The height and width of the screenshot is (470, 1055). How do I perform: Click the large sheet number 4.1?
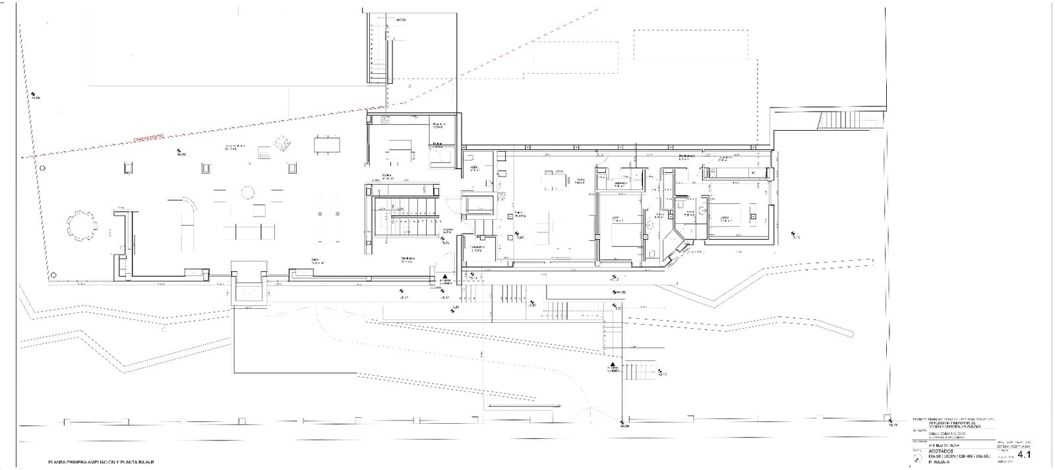tap(1025, 455)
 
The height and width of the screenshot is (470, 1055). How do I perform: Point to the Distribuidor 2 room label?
tap(689, 156)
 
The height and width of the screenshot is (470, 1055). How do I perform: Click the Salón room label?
tap(316, 259)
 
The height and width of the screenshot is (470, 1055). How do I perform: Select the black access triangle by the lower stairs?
tap(613, 364)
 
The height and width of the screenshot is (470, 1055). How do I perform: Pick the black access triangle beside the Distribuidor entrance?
tap(446, 277)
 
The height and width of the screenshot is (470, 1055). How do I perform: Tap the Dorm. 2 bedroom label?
tap(724, 217)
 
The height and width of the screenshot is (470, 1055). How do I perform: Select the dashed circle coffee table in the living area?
tap(247, 193)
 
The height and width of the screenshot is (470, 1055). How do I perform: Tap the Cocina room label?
tap(388, 176)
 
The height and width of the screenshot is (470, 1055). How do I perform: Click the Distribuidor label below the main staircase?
tap(407, 258)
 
